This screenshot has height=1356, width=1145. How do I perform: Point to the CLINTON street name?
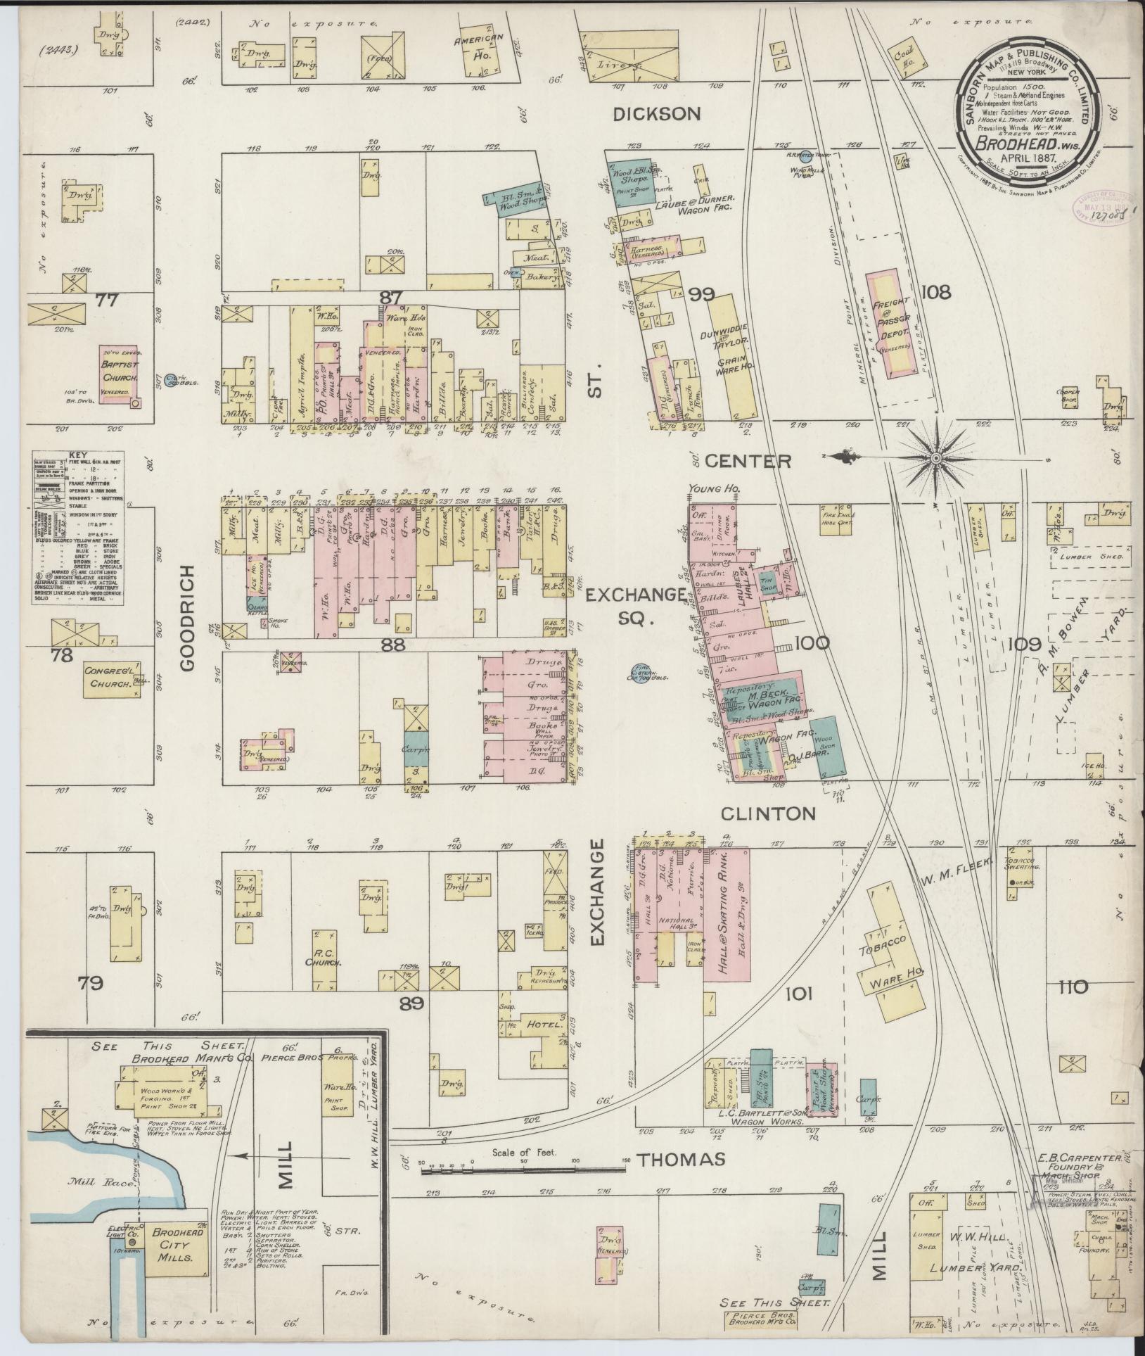tap(768, 813)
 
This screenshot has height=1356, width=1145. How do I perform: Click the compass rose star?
tap(936, 458)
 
